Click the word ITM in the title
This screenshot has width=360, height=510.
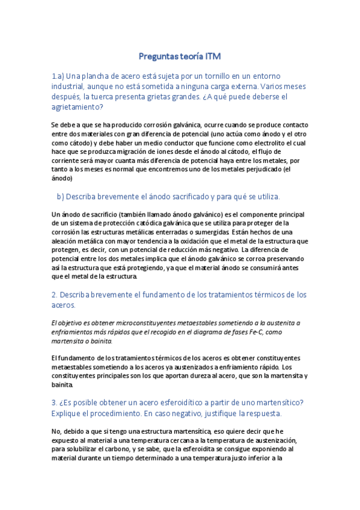coord(213,57)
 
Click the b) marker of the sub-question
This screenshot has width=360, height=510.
coord(59,196)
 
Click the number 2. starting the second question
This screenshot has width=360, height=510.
coord(54,294)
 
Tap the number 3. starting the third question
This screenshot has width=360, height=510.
coord(54,402)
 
